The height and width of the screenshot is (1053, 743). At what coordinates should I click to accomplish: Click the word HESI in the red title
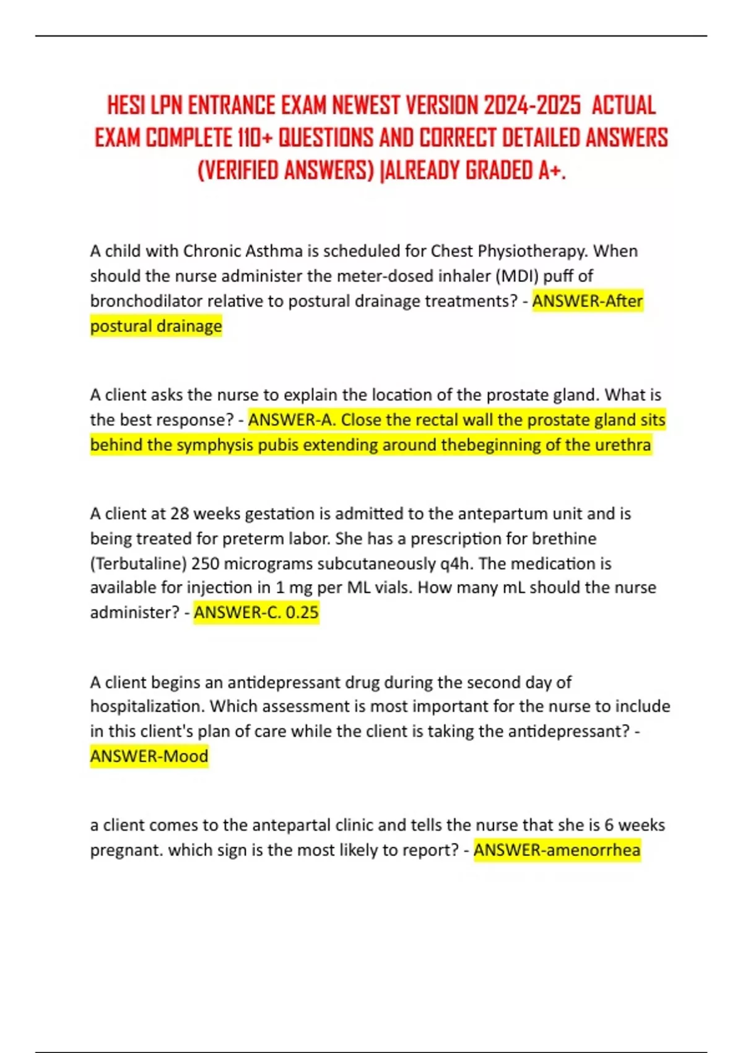click(126, 105)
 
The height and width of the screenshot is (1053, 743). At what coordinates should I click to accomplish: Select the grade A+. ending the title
click(552, 170)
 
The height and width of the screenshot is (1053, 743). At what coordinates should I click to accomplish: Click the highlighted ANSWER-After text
click(587, 301)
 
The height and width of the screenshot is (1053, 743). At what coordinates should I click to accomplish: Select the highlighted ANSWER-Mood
click(149, 756)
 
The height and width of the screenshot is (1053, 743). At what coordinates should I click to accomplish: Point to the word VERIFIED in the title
click(238, 170)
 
